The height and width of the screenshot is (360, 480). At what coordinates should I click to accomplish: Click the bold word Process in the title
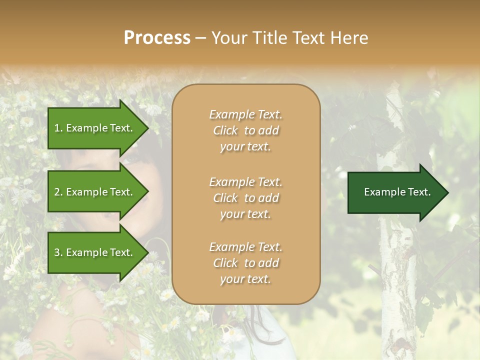157,38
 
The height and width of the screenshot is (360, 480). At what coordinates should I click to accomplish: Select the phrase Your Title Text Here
290,38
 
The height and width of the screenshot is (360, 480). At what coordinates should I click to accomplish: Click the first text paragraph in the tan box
245,130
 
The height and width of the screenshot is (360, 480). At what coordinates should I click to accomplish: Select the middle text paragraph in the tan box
245,198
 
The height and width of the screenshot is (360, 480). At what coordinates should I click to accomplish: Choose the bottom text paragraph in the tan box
245,263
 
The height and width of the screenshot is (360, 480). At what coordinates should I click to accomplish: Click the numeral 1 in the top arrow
56,128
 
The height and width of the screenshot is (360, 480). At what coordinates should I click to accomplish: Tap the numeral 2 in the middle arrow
57,192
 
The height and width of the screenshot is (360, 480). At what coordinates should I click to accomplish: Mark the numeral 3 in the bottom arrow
57,252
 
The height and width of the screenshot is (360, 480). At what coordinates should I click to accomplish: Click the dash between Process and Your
201,38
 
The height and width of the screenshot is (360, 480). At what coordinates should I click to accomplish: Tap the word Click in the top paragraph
225,130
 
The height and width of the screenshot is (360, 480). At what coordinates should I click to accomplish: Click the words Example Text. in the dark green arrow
397,192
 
